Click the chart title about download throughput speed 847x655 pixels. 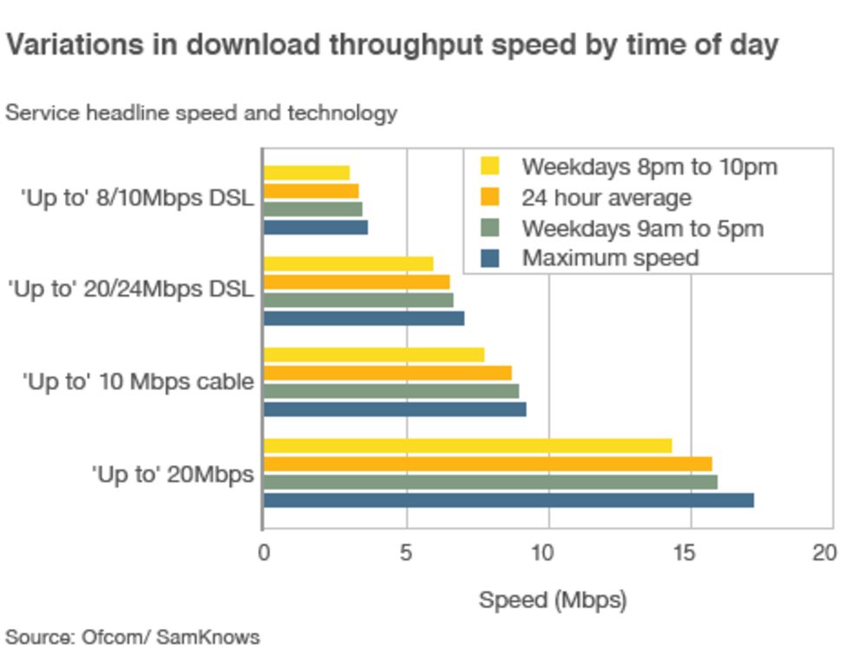pyautogui.click(x=391, y=45)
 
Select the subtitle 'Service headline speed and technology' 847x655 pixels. pyautogui.click(x=201, y=113)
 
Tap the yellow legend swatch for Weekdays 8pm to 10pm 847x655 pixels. pyautogui.click(x=490, y=166)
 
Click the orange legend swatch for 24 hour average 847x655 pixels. pyautogui.click(x=490, y=197)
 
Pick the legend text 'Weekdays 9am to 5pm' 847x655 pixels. pyautogui.click(x=642, y=228)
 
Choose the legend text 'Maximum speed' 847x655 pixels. pyautogui.click(x=609, y=258)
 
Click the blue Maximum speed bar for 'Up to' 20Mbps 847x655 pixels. pyautogui.click(x=509, y=500)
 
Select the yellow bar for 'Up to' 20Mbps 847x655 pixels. pyautogui.click(x=468, y=446)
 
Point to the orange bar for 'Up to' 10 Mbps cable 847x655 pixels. pyautogui.click(x=387, y=373)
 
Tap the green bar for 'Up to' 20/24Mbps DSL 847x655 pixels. pyautogui.click(x=358, y=300)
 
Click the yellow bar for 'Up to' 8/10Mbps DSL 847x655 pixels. pyautogui.click(x=306, y=173)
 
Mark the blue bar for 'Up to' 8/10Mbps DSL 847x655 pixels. pyautogui.click(x=316, y=227)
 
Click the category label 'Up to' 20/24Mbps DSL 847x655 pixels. pyautogui.click(x=130, y=289)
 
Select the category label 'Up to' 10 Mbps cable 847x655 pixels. pyautogui.click(x=138, y=382)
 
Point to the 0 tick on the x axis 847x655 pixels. pyautogui.click(x=264, y=553)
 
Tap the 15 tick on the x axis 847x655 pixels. pyautogui.click(x=691, y=553)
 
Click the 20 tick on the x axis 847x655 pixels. pyautogui.click(x=825, y=553)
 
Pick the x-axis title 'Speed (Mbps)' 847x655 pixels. pyautogui.click(x=552, y=599)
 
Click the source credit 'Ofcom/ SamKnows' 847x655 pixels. pyautogui.click(x=170, y=638)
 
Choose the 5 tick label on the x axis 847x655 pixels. pyautogui.click(x=406, y=553)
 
